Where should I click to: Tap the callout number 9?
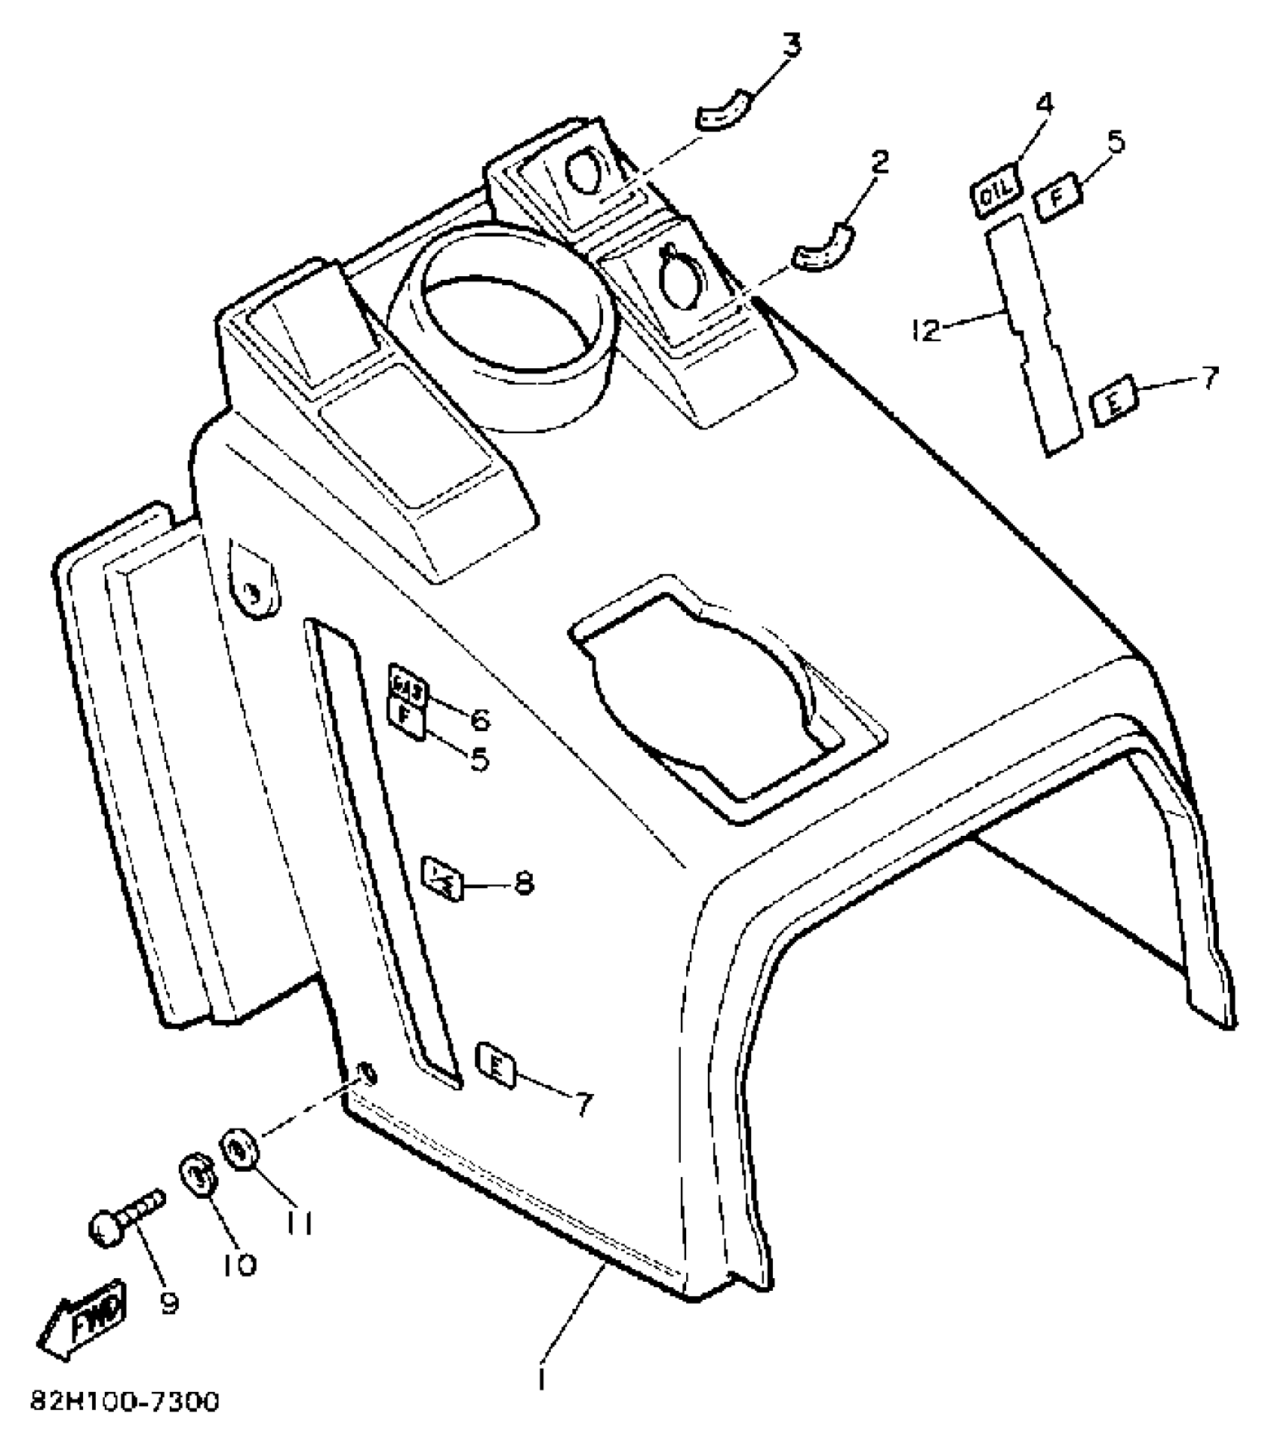(x=170, y=1304)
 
